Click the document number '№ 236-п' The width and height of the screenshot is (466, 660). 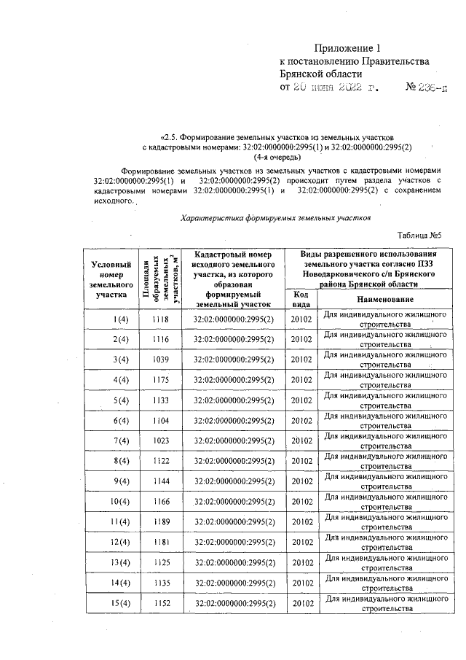point(428,88)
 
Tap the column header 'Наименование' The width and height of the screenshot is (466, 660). point(384,300)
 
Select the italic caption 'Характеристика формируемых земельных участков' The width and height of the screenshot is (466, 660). point(275,217)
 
